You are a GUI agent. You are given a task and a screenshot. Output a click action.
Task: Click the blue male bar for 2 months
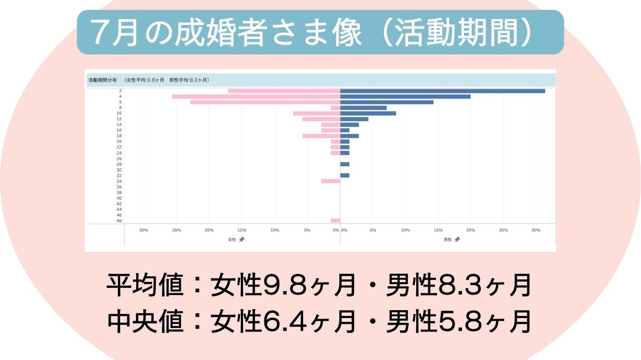tap(442, 91)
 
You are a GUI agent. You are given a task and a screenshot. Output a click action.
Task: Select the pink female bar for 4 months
tap(256, 97)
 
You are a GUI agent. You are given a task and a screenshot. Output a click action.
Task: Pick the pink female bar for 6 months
tap(265, 102)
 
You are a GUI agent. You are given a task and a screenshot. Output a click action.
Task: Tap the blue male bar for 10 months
tap(368, 113)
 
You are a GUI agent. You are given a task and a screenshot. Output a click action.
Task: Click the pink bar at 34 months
tap(331, 181)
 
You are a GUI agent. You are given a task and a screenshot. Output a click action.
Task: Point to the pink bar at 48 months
tap(335, 221)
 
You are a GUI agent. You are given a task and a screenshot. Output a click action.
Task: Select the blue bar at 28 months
tap(345, 164)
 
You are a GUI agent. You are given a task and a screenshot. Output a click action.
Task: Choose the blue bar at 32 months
tap(345, 175)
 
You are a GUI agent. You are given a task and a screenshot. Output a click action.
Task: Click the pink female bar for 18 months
tap(321, 136)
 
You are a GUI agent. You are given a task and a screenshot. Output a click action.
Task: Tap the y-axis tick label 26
tap(119, 158)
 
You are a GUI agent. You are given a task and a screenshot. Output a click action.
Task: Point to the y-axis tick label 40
tap(119, 198)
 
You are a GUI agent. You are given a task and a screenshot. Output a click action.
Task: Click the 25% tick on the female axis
tap(177, 230)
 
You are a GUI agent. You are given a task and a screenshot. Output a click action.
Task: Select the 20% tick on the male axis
tap(471, 230)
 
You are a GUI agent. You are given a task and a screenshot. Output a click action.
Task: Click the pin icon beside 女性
tap(242, 239)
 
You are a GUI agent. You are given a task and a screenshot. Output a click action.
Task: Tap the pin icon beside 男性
tap(457, 239)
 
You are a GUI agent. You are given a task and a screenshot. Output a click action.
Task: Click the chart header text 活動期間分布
tap(102, 80)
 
